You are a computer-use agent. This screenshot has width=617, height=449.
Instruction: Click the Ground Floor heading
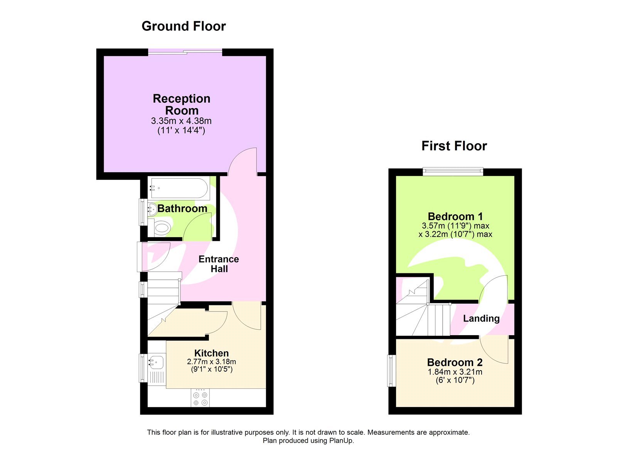pos(184,26)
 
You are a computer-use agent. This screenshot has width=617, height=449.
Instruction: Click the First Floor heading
pos(454,146)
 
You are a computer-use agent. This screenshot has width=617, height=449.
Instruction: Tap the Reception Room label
pos(182,105)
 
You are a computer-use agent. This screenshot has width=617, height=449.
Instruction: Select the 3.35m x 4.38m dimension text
pos(181,121)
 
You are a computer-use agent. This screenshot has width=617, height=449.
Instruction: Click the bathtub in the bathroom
pos(179,188)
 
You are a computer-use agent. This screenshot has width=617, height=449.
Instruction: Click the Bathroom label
pos(182,208)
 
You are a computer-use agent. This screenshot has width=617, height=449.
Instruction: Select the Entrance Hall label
pos(219,264)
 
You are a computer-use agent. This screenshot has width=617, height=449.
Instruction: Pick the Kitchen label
pos(211,353)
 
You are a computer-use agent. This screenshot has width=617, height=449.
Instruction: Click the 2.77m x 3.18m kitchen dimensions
pos(211,362)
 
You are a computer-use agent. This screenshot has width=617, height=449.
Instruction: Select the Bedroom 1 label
pos(455,217)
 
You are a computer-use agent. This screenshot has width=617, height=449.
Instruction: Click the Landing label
pos(481,319)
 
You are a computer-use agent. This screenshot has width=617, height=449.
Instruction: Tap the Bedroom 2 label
pos(455,363)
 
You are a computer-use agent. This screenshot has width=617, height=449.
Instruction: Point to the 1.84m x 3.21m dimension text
pos(455,372)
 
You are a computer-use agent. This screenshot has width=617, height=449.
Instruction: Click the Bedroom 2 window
pos(391,370)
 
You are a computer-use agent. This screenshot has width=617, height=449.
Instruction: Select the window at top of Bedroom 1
pos(453,171)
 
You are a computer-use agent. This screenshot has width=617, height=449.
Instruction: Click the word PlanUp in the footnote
pos(341,441)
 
